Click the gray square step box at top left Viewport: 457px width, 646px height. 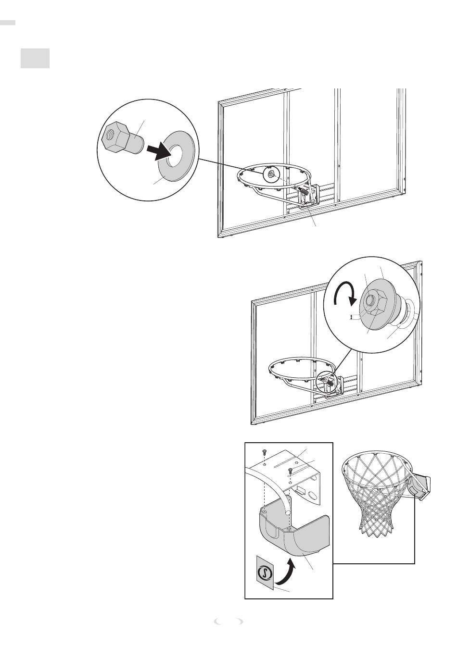coord(35,58)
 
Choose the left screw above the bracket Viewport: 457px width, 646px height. coord(264,452)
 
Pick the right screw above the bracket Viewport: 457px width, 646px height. coord(291,470)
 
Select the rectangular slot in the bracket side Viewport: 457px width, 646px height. coord(301,489)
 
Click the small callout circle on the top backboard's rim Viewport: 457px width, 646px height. coord(270,174)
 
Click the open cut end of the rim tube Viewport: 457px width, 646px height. coord(288,513)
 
